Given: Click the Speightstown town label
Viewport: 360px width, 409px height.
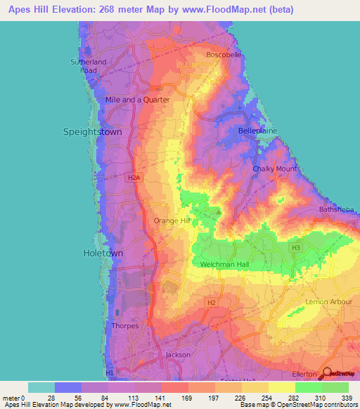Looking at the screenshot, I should point(92,131).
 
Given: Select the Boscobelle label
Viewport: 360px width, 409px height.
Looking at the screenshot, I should point(224,55).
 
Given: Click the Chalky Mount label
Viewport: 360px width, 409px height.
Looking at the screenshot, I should point(274,169).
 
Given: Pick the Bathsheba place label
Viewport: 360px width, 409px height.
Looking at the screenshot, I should point(334,209).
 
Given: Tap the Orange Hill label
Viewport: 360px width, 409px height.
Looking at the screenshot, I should point(172,221).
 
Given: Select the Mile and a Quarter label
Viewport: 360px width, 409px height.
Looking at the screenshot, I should point(137,100).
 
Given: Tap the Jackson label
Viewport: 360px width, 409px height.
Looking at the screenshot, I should point(177,355).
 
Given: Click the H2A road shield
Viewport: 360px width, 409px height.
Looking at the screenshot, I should point(134,178).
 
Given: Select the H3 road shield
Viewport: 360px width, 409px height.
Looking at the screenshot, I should point(296,247).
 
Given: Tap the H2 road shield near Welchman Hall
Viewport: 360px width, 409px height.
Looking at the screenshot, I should point(210,302).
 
